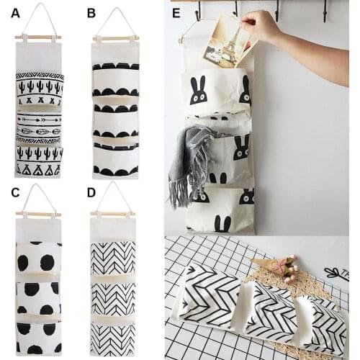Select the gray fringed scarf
pos(187,158)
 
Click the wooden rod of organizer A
pos(38,37)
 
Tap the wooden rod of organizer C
pos(38,214)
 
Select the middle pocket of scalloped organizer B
pos(115,115)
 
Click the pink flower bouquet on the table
pos(288,268)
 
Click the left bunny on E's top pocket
pos(199,91)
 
